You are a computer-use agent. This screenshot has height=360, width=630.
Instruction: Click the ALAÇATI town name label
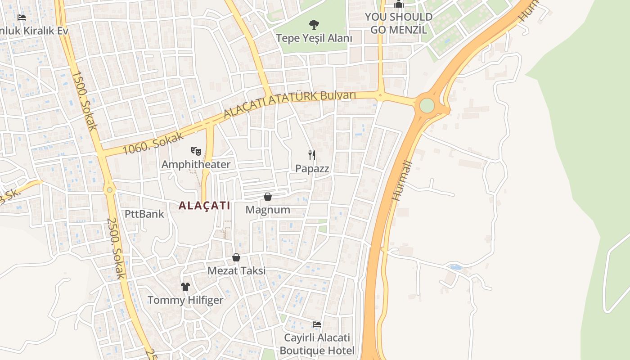[204, 206]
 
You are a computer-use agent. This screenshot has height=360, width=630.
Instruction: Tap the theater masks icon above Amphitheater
[196, 151]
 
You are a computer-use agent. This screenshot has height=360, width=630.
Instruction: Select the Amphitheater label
[196, 164]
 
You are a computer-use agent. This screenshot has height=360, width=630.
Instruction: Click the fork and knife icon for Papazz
[312, 155]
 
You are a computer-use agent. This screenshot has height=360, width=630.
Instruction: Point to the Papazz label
[312, 169]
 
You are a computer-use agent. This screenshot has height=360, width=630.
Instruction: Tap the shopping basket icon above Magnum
[268, 197]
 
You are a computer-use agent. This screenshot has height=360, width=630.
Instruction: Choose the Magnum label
[268, 210]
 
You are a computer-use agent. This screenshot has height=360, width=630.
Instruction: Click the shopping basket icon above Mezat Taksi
[236, 257]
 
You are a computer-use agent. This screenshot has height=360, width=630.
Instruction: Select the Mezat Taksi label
[236, 270]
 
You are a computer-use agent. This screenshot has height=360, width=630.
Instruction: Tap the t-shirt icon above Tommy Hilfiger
[185, 286]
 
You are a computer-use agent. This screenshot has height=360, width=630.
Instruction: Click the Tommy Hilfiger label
[185, 300]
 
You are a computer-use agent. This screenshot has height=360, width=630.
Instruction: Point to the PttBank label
[144, 213]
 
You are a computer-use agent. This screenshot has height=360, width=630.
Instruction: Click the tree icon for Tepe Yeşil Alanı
[314, 24]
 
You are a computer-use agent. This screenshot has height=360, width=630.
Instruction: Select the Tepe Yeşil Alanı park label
[314, 38]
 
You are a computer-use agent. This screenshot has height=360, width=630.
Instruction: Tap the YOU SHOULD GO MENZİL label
[398, 23]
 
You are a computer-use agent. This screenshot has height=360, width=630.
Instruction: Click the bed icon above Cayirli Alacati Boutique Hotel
[317, 324]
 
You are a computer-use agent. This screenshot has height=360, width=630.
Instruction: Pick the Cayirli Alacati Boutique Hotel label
[317, 344]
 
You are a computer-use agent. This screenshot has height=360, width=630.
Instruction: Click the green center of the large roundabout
[427, 106]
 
